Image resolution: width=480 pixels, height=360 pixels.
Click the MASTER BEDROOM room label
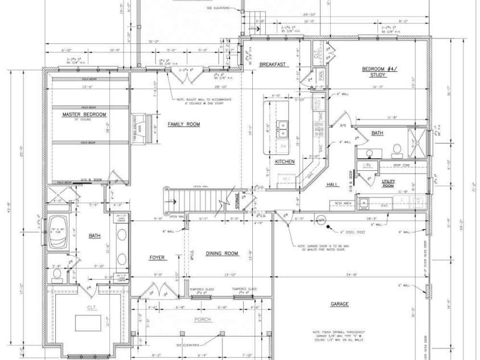point(85,114)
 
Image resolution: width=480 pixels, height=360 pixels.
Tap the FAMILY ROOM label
point(183,124)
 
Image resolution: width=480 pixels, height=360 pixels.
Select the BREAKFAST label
point(272,64)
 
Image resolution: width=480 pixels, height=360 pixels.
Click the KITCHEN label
point(285,162)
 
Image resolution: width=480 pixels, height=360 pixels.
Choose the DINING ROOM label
point(221,253)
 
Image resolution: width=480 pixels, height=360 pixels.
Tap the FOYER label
point(157,257)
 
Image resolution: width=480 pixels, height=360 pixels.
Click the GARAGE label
point(339,304)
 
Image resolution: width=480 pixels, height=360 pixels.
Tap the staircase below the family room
point(196,201)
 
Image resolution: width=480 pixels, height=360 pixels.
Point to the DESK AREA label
point(342,202)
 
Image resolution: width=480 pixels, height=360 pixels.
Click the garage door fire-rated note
point(322,248)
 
